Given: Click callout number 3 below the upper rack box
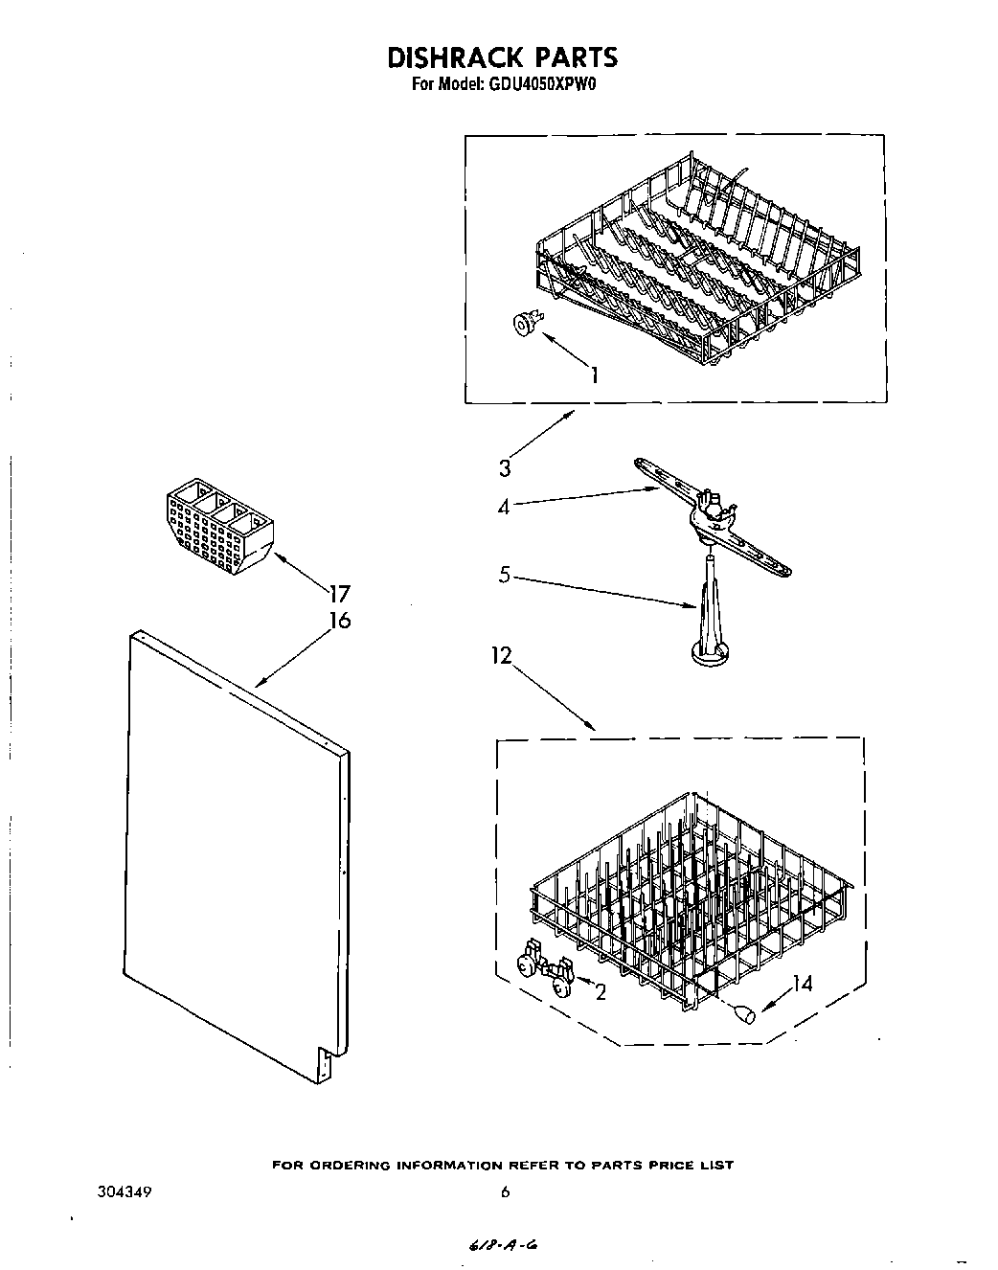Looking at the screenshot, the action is tap(504, 468).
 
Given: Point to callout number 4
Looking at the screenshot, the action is tap(504, 506).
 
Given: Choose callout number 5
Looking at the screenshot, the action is tap(505, 577).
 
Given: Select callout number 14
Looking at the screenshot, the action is tap(802, 984).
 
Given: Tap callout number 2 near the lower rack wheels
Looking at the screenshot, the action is tap(601, 992).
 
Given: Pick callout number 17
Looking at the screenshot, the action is tap(340, 593).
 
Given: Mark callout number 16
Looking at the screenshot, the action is tap(340, 621).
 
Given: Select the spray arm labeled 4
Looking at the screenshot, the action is tap(714, 517).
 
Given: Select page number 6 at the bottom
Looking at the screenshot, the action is tap(505, 1192).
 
